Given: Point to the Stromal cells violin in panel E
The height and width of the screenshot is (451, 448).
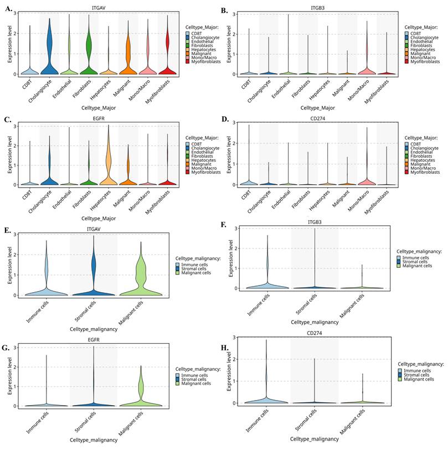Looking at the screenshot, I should coord(93,277).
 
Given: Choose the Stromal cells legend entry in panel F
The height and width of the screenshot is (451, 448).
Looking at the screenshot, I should coord(416,261).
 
